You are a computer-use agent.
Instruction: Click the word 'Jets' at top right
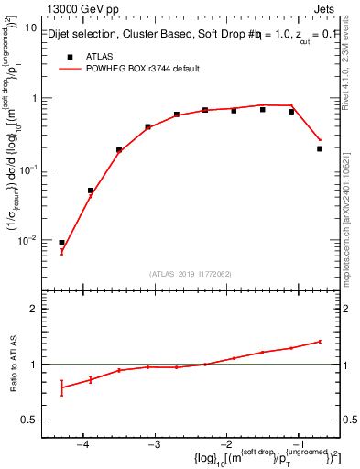coord(322,7)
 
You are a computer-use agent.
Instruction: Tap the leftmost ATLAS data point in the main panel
coord(61,243)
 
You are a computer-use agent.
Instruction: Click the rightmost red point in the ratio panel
coord(320,342)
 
